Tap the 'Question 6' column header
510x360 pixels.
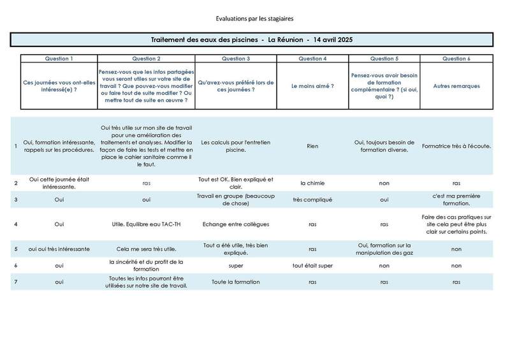(x=456, y=59)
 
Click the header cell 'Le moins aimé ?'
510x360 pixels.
(x=312, y=86)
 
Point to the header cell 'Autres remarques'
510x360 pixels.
(x=456, y=86)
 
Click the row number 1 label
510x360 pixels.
(x=16, y=146)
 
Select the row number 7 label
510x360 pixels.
(x=16, y=282)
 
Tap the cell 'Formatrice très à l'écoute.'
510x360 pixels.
(x=456, y=146)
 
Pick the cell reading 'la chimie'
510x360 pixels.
(x=312, y=183)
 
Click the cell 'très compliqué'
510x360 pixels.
(x=312, y=199)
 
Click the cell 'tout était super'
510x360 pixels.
(x=312, y=265)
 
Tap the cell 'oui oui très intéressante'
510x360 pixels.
(x=59, y=248)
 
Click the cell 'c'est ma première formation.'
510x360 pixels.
(x=456, y=199)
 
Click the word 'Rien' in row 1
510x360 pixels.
(x=312, y=146)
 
